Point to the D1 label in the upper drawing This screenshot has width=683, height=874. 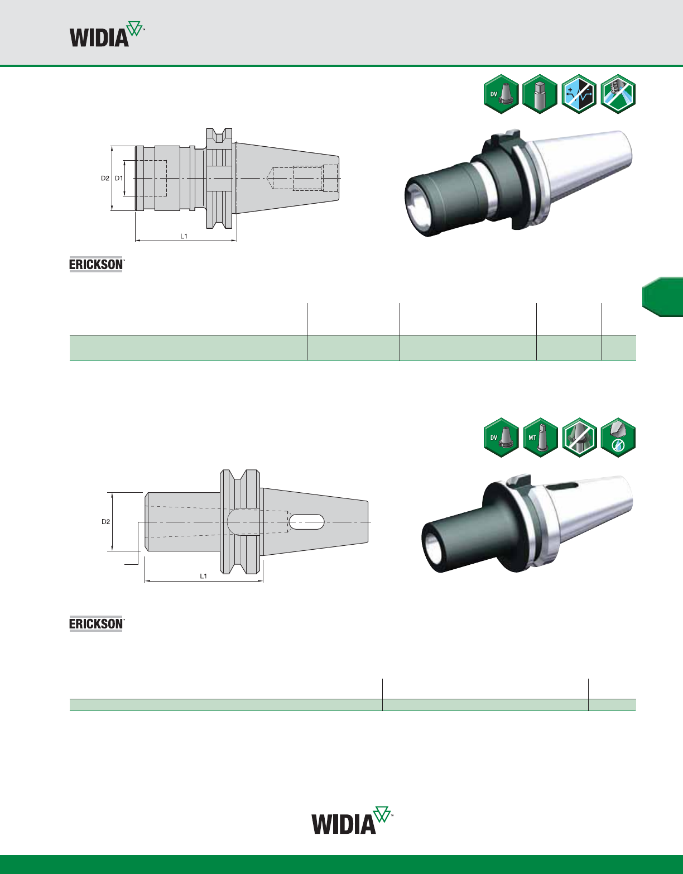pos(119,178)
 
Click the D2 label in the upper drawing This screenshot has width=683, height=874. pos(105,178)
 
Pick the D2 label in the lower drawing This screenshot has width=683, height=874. pos(105,522)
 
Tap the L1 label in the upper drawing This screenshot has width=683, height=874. pos(184,236)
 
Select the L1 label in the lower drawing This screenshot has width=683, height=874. pos(204,576)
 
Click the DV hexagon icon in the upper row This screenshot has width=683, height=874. pos(501,94)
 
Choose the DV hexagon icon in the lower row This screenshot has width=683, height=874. pos(501,437)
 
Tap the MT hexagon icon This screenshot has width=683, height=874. pos(540,437)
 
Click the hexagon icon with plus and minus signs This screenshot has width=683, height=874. pos(579,94)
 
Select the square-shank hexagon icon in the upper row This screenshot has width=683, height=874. pos(540,94)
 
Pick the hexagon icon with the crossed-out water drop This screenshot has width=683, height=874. pos(618,437)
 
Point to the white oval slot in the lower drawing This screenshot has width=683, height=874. pos(307,522)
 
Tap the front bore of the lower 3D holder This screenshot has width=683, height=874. pos(434,549)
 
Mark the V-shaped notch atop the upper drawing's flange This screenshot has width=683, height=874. pos(219,135)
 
